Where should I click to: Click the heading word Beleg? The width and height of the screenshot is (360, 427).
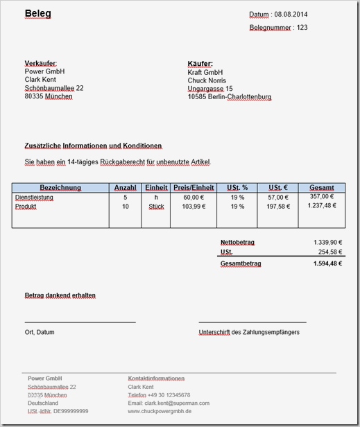click(38, 14)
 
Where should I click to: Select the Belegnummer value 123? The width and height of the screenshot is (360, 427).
click(301, 28)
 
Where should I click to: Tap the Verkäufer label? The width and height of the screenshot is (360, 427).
click(40, 64)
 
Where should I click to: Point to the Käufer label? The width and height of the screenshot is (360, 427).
click(200, 64)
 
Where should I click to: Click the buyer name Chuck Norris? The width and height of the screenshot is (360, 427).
click(207, 80)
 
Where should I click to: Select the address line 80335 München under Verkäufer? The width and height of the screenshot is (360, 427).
click(48, 96)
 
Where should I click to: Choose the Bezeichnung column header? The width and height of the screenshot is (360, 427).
click(60, 188)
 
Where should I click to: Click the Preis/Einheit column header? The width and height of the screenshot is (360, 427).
click(194, 188)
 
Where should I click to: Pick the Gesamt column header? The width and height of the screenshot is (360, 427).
click(322, 188)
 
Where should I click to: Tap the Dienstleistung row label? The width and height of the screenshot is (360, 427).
click(34, 198)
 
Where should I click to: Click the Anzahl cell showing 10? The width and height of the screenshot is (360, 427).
click(125, 207)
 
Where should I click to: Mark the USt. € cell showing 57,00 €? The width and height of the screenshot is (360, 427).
click(277, 198)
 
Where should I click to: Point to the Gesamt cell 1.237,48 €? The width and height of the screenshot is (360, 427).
click(322, 206)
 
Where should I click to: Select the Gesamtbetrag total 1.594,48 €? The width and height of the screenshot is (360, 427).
click(327, 263)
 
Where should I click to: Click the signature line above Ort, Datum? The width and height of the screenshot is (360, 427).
click(80, 322)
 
